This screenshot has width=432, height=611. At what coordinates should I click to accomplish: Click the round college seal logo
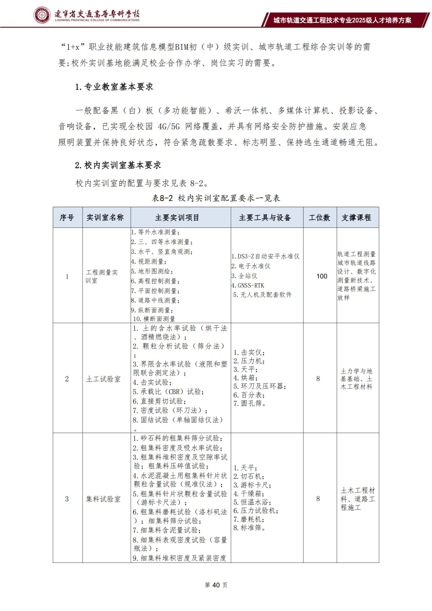[x=42, y=15]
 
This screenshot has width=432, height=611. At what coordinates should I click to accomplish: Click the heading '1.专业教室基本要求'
[x=114, y=87]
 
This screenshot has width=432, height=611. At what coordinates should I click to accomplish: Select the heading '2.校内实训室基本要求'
[x=118, y=165]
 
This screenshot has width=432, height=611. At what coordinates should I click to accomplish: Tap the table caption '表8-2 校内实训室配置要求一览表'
[x=216, y=198]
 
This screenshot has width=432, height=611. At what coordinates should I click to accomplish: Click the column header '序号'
[x=67, y=217]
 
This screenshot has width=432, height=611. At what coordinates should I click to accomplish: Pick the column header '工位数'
[x=320, y=217]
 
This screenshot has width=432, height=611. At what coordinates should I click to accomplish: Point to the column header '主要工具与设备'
[x=265, y=217]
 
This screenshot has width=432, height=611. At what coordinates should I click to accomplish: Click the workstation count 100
[x=322, y=276]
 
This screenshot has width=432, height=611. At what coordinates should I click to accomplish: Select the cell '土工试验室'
[x=103, y=379]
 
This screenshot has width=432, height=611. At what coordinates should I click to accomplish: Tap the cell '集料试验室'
[x=103, y=499]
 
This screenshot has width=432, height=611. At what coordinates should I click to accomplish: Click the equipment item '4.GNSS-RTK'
[x=248, y=285]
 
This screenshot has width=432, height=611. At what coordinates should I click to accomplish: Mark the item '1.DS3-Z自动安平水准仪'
[x=265, y=256]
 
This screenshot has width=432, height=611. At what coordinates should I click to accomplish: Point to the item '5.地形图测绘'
[x=152, y=271]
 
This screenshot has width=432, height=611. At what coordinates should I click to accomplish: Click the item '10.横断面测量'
[x=154, y=319]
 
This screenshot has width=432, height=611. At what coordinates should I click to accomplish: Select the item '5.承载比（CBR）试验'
[x=168, y=392]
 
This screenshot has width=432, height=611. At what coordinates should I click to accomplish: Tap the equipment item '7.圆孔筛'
[x=250, y=403]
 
